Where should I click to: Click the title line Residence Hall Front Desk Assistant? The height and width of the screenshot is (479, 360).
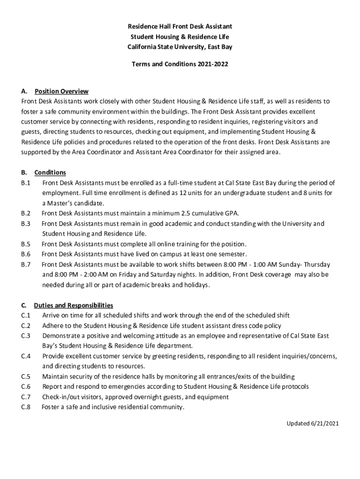[180, 27]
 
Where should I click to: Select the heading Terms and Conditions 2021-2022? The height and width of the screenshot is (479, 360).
[180, 64]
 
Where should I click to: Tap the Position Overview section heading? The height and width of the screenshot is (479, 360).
[61, 91]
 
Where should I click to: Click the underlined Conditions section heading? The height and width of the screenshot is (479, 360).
[50, 173]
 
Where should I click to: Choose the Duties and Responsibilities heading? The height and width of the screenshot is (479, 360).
[73, 305]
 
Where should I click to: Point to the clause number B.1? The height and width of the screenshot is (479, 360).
[26, 183]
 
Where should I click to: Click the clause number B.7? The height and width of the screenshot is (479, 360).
[26, 264]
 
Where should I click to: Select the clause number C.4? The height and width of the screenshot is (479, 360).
[26, 356]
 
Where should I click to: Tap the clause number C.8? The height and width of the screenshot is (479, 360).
[26, 407]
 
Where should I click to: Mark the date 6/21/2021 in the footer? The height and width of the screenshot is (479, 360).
[324, 424]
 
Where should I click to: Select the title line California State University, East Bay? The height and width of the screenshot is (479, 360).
[180, 47]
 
